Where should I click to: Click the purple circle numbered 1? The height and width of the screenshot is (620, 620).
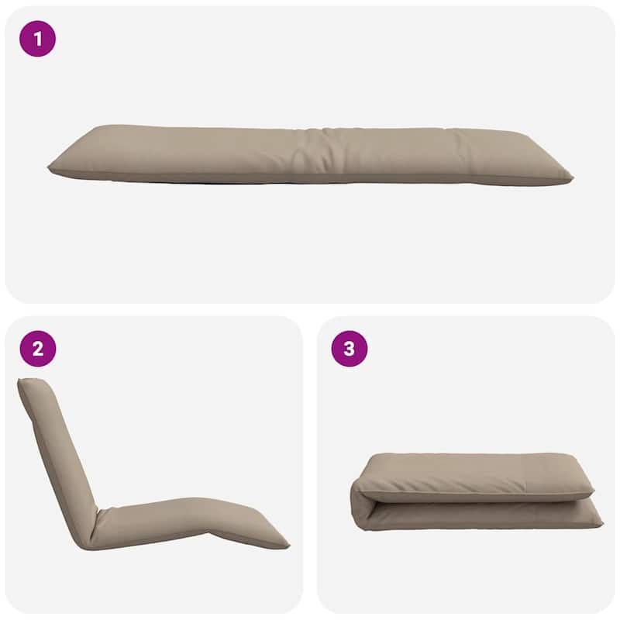[x=37, y=39]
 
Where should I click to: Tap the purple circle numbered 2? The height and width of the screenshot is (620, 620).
[x=37, y=349]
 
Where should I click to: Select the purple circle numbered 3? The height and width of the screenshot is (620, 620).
[x=349, y=349]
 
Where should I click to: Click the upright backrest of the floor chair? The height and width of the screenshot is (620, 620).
[x=58, y=449]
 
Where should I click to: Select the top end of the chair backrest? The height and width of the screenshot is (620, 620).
[x=28, y=384]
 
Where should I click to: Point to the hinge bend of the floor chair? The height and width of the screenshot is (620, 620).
[x=93, y=535]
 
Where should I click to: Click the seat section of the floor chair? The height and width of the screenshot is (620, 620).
[x=155, y=515]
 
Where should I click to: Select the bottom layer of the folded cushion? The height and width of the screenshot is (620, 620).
[x=480, y=515]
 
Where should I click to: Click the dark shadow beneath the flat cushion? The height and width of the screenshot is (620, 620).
[x=155, y=182]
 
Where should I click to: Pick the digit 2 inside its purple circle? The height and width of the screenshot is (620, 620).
[x=37, y=349]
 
